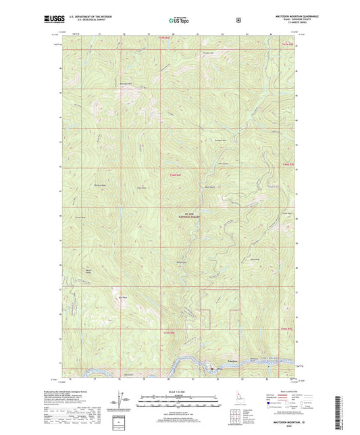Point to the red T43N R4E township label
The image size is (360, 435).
pos(169,333)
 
